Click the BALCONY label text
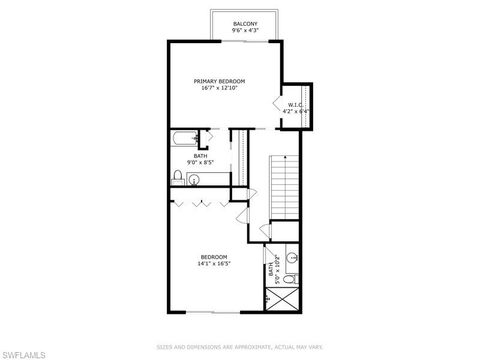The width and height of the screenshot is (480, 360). click(245, 24)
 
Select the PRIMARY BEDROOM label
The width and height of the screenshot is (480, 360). click(219, 81)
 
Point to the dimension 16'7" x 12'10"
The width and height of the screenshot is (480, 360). click(219, 88)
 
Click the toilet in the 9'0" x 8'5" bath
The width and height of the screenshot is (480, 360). click(178, 177)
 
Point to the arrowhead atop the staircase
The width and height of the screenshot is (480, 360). click(284, 157)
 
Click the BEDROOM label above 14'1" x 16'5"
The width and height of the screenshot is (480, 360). click(214, 257)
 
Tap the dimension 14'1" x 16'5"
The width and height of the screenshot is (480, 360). click(214, 263)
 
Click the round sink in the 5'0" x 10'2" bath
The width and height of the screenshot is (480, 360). click(292, 258)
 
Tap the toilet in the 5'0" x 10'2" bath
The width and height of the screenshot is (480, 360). click(290, 280)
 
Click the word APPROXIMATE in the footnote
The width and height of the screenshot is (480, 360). click(250, 347)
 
